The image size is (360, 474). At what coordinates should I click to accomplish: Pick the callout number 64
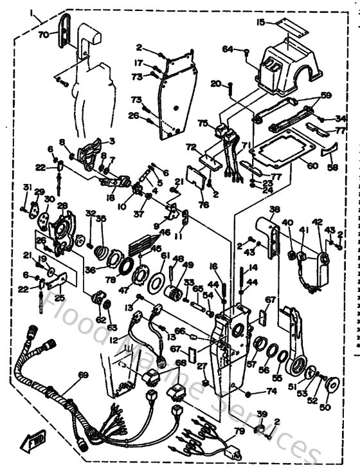[x=228, y=49]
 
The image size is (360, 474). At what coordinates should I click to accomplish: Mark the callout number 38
[x=274, y=209]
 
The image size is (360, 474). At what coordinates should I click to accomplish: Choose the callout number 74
[x=271, y=390]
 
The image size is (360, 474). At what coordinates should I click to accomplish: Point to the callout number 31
[x=27, y=187]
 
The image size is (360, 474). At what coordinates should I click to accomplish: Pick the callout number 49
[x=188, y=264]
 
